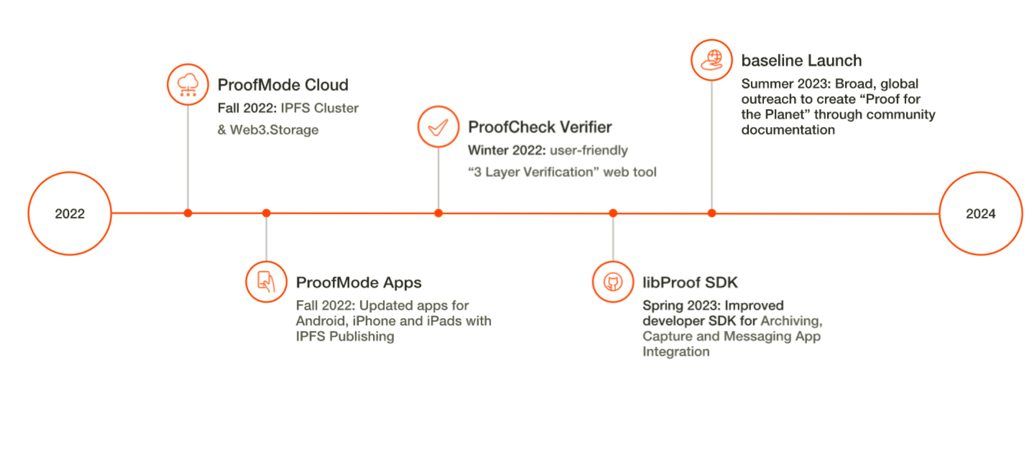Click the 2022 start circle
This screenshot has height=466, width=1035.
pos(70,213)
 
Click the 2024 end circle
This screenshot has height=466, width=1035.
pos(980,213)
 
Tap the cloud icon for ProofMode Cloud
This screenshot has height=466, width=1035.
pos(188,85)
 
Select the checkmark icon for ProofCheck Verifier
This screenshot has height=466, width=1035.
pos(438,127)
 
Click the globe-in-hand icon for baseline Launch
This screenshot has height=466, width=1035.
pos(711,60)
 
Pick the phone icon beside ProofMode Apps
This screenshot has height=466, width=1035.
pos(266,282)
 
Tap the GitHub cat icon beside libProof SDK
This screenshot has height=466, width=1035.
pos(613,282)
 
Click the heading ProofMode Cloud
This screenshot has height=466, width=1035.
pos(283,85)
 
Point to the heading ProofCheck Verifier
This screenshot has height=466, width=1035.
pos(540,127)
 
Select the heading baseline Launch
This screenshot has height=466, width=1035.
pos(801,61)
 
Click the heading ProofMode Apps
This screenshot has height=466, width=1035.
pos(359,283)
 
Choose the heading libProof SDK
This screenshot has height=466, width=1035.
pos(690,283)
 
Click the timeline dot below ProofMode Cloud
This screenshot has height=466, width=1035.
pos(188,213)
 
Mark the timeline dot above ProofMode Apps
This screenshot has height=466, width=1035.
pos(266,213)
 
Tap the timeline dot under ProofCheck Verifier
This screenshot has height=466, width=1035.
pos(438,213)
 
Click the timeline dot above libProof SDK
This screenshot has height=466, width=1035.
pos(613,213)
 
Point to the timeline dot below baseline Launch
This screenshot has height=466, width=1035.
pos(711,213)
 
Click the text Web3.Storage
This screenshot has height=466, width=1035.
pos(274,130)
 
